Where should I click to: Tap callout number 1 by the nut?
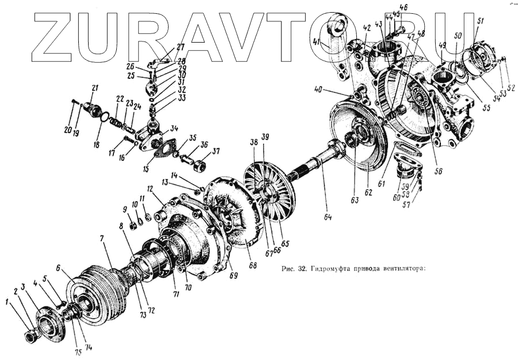[7, 301]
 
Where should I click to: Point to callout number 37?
[216, 152]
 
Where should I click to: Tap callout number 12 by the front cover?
[150, 189]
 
